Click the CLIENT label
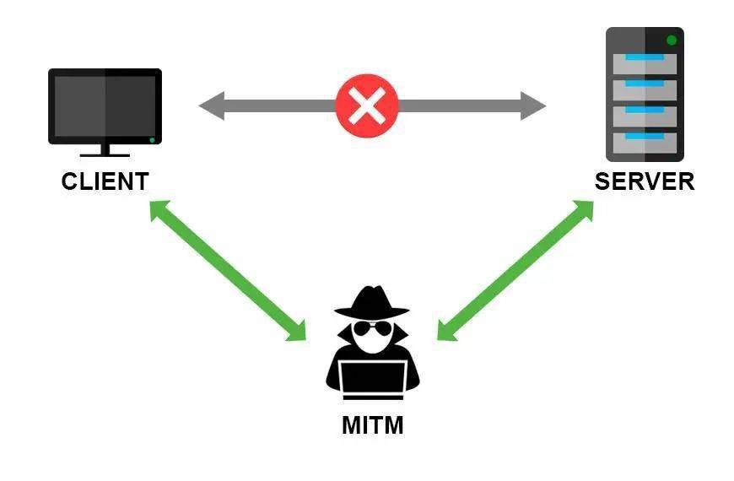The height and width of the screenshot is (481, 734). (x=105, y=181)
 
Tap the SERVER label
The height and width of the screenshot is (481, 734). (x=645, y=181)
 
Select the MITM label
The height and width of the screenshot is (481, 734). (x=373, y=426)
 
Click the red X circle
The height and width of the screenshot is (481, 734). (x=367, y=105)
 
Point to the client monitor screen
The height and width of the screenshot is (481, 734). (x=105, y=105)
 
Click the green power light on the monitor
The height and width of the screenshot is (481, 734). (x=152, y=140)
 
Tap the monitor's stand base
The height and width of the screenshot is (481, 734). (x=105, y=154)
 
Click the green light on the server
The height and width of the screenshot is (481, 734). (x=672, y=41)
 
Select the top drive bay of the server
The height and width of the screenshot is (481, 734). (x=645, y=64)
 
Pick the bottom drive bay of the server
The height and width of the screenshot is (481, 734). (x=645, y=143)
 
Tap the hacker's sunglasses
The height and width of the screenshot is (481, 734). (x=372, y=329)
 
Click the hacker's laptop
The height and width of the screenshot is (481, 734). (x=373, y=380)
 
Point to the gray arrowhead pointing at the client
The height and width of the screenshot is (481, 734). (x=212, y=105)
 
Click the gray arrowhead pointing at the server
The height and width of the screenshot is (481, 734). (x=533, y=105)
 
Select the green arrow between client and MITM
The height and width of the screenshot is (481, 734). (x=228, y=271)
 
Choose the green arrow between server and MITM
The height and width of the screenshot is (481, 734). (x=515, y=271)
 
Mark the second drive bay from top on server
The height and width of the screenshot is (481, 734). (x=645, y=90)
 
